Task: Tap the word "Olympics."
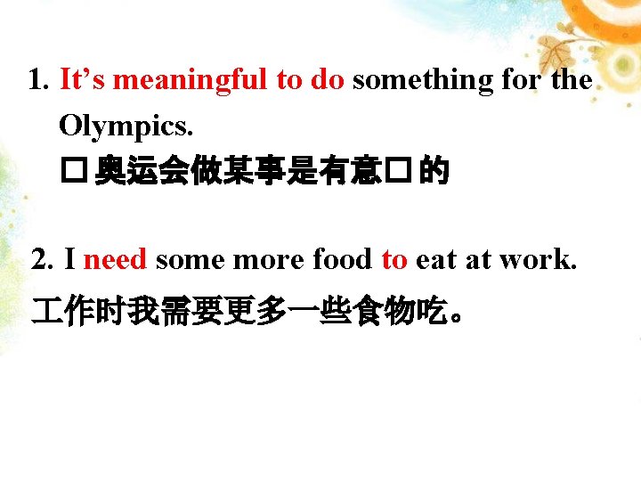tap(125, 126)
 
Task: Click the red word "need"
tap(116, 260)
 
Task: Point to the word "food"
tap(343, 260)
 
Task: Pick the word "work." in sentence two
tap(539, 260)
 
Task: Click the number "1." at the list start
tap(39, 81)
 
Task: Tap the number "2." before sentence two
tap(43, 260)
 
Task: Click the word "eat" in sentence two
tap(436, 260)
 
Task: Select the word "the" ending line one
tap(572, 81)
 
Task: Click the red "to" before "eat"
tap(394, 260)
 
